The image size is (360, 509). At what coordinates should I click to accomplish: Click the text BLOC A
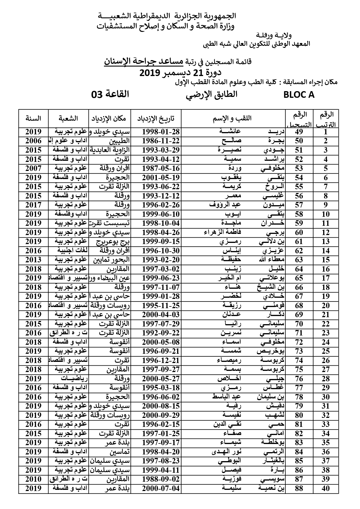(299, 95)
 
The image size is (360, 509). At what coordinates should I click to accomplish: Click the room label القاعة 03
(110, 94)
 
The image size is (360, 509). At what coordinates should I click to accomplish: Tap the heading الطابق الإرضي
(211, 95)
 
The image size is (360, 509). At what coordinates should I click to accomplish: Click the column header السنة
(33, 118)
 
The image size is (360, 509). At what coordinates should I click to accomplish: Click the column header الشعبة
(69, 118)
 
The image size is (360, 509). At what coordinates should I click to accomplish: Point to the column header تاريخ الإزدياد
(156, 118)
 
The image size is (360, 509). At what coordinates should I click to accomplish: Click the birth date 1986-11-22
(161, 141)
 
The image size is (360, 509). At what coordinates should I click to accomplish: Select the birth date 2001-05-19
(161, 178)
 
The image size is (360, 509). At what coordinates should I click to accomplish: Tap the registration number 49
(299, 132)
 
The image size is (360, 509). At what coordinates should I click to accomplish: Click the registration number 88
(299, 488)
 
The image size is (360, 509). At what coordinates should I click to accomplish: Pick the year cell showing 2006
(33, 141)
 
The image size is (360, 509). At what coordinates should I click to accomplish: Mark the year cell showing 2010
(33, 479)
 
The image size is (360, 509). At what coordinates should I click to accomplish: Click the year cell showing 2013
(33, 260)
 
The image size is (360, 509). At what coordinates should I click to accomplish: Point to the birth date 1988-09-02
(161, 479)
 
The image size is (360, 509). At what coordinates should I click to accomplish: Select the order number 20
(326, 306)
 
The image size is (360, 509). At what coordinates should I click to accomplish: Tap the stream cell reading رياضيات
(74, 379)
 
